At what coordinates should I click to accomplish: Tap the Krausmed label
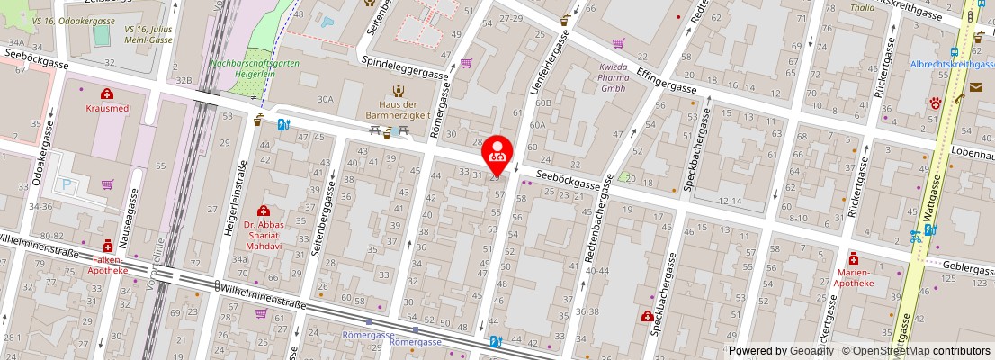106,107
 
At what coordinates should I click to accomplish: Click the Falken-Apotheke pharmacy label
108,264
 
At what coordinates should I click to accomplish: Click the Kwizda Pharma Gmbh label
614,76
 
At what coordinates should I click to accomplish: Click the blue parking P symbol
65,184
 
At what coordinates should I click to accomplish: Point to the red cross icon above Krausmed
106,93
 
